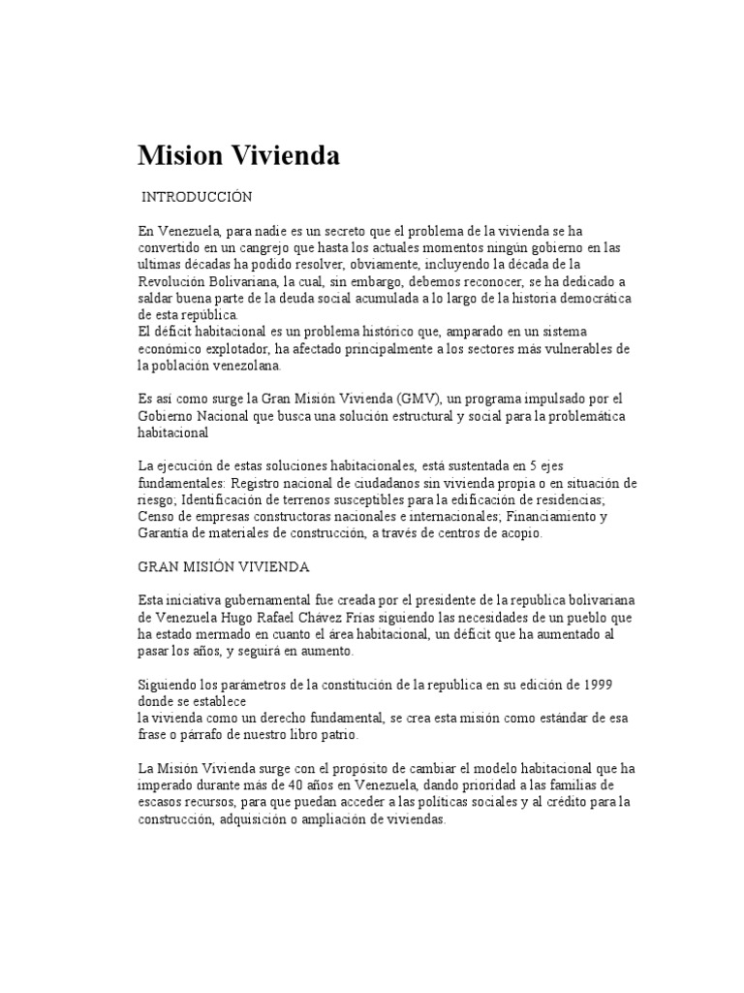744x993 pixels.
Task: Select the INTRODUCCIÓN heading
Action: point(197,197)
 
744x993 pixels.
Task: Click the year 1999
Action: point(594,684)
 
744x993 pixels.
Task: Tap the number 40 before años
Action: point(334,785)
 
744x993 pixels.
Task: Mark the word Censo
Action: point(157,517)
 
